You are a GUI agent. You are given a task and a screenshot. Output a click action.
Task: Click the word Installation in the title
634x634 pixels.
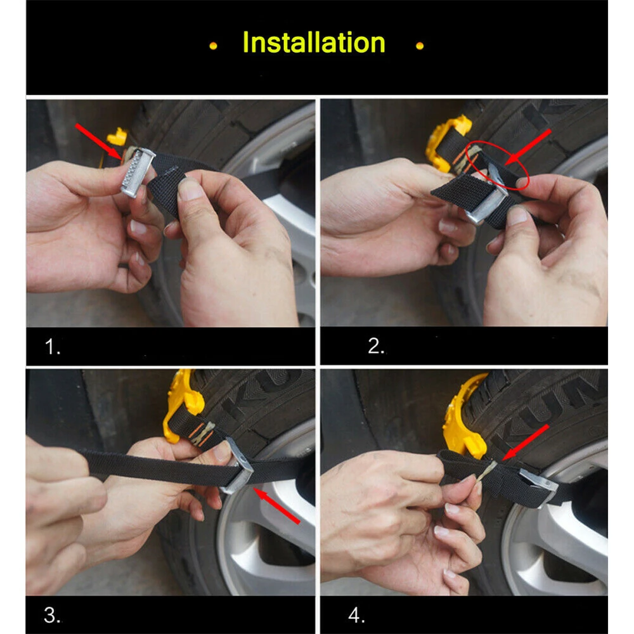pyautogui.click(x=314, y=42)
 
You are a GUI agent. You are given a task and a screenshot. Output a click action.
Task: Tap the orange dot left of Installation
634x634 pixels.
pyautogui.click(x=214, y=46)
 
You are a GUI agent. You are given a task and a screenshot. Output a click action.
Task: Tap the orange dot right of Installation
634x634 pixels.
pyautogui.click(x=420, y=46)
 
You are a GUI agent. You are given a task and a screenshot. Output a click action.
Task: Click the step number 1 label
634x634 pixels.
pyautogui.click(x=52, y=347)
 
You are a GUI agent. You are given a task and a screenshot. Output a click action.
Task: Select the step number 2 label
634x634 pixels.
pyautogui.click(x=376, y=346)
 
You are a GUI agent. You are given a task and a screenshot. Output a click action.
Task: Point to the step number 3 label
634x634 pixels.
pyautogui.click(x=52, y=615)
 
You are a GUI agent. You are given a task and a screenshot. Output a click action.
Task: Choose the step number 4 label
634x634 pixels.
pyautogui.click(x=356, y=615)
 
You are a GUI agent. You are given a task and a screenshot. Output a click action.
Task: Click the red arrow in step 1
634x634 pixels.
pyautogui.click(x=98, y=141)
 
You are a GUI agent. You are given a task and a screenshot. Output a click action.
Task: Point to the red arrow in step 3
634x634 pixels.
pyautogui.click(x=276, y=506)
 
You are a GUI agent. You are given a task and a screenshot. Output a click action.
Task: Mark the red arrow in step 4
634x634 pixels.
pyautogui.click(x=525, y=443)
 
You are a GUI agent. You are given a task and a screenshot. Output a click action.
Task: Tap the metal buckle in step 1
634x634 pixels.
pyautogui.click(x=138, y=172)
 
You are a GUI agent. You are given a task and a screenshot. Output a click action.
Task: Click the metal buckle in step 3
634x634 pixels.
pyautogui.click(x=238, y=466)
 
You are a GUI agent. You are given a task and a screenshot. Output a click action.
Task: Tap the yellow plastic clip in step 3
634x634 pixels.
pyautogui.click(x=182, y=404)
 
